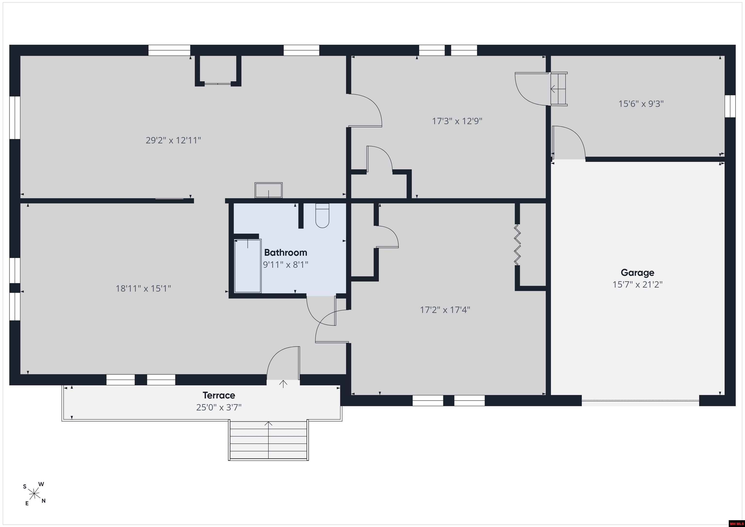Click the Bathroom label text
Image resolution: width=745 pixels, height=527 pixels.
tap(285, 252)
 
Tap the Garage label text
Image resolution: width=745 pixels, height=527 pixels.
tap(637, 273)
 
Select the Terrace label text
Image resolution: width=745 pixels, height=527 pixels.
tap(219, 395)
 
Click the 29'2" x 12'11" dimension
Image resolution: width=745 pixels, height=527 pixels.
tap(173, 140)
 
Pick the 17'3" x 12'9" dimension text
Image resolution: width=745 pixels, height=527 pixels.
tap(457, 121)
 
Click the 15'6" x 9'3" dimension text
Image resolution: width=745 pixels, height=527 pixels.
tap(641, 104)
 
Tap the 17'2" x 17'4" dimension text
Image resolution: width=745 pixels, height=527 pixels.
tap(445, 310)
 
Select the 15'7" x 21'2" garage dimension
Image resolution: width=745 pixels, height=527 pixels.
tap(637, 284)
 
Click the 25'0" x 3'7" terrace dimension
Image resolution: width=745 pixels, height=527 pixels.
tap(219, 407)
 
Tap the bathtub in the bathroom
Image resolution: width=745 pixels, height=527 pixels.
tap(248, 266)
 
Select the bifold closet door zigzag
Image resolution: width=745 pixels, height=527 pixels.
tap(517, 244)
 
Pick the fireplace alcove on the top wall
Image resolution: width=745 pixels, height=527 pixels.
tap(218, 70)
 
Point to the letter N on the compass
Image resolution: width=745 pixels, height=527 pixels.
tap(43, 501)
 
